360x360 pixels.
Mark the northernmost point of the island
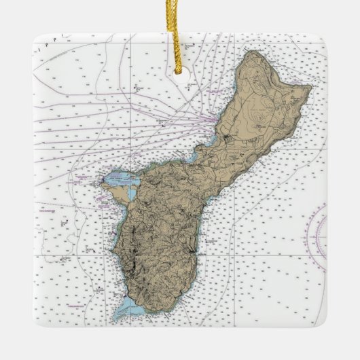pos(253,51)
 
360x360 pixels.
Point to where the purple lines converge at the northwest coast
pos(216,122)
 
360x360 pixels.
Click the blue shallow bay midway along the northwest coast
pos(192,156)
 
